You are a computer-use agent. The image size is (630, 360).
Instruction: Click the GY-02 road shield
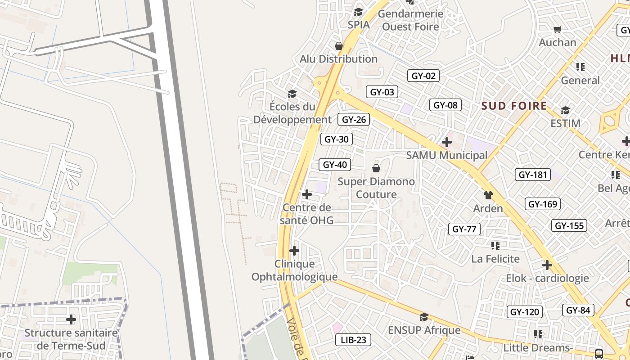[423, 76]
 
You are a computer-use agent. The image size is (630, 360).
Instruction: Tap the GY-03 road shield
[382, 92]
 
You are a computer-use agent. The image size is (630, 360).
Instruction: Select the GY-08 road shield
[445, 105]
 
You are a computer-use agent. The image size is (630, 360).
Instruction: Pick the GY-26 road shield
[355, 119]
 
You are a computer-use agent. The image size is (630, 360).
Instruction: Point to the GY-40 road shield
[335, 165]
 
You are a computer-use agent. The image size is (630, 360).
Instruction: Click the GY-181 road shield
[532, 175]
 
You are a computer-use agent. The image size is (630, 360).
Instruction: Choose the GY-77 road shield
[464, 229]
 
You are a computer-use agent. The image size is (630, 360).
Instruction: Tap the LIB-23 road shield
[353, 340]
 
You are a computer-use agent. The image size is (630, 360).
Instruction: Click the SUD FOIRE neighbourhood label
[514, 106]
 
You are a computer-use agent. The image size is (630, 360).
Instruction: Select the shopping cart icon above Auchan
[558, 30]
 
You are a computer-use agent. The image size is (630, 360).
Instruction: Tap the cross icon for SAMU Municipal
[446, 143]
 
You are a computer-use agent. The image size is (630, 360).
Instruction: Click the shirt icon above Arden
[488, 195]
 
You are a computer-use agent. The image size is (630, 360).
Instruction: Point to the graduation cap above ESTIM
[565, 110]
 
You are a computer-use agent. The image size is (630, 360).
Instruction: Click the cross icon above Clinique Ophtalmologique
[294, 250]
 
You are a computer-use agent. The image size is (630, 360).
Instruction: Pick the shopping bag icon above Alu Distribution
[339, 46]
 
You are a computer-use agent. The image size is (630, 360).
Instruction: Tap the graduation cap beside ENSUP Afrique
[423, 317]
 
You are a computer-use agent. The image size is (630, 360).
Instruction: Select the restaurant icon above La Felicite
[495, 245]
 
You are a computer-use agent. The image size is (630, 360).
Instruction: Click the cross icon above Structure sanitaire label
[71, 319]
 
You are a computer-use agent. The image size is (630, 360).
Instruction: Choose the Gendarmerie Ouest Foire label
[410, 20]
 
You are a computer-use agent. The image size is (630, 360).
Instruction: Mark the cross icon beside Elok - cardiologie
[547, 265]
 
